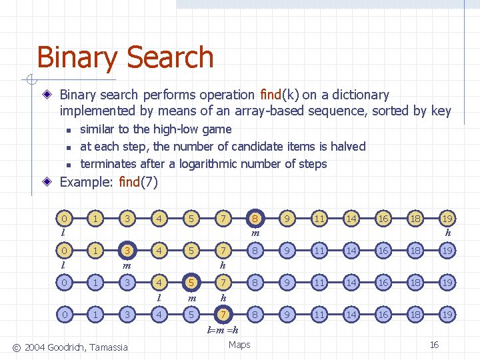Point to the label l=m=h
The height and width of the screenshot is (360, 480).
click(223, 330)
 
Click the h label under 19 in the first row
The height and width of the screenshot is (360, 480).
click(448, 233)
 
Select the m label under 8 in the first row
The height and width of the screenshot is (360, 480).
click(255, 233)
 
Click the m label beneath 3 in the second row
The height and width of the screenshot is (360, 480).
click(127, 265)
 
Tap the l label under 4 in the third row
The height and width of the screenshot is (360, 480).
click(159, 297)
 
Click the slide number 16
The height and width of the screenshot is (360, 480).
click(434, 345)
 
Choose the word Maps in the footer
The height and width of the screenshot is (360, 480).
click(239, 345)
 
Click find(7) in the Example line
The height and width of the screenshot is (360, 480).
click(138, 181)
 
